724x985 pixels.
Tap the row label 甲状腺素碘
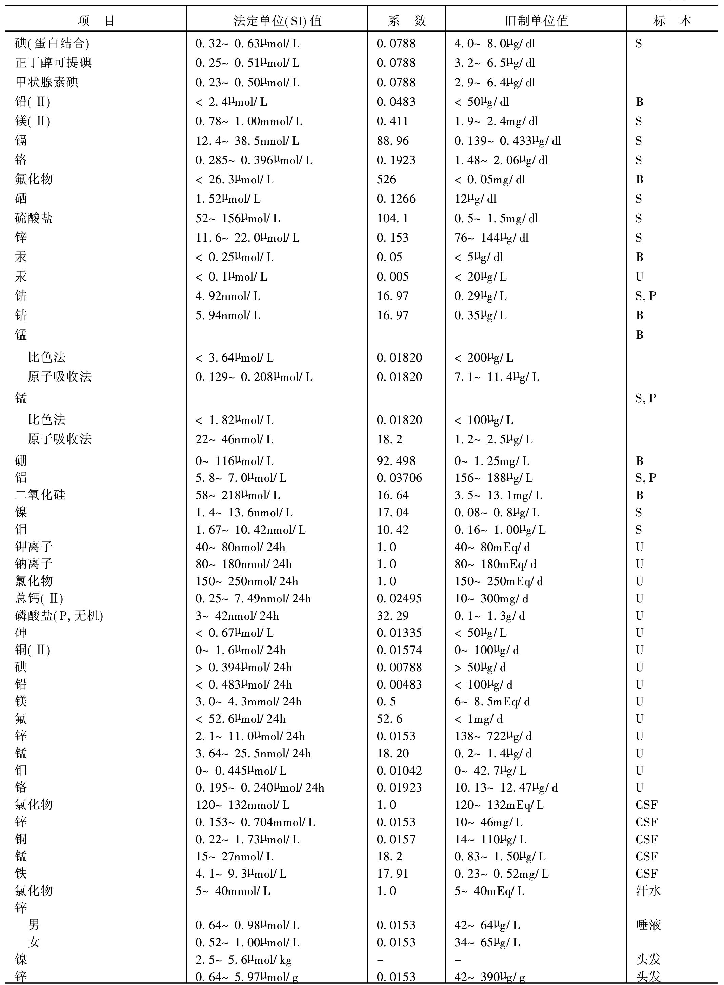[46, 82]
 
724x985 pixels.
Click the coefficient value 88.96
[393, 141]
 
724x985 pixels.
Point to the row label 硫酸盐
[34, 218]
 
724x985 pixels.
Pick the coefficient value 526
[386, 179]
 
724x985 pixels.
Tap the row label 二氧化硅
[40, 495]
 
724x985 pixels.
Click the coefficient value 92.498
[396, 461]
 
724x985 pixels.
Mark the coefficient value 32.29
[393, 616]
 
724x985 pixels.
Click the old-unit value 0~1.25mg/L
[492, 461]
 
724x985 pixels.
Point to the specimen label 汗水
[648, 891]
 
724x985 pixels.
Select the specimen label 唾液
[648, 925]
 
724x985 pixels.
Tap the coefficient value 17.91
[393, 874]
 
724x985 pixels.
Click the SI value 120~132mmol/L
[242, 805]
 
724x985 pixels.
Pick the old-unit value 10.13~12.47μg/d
[506, 788]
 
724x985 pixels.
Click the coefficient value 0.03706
[399, 478]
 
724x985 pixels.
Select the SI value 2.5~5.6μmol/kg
[244, 960]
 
